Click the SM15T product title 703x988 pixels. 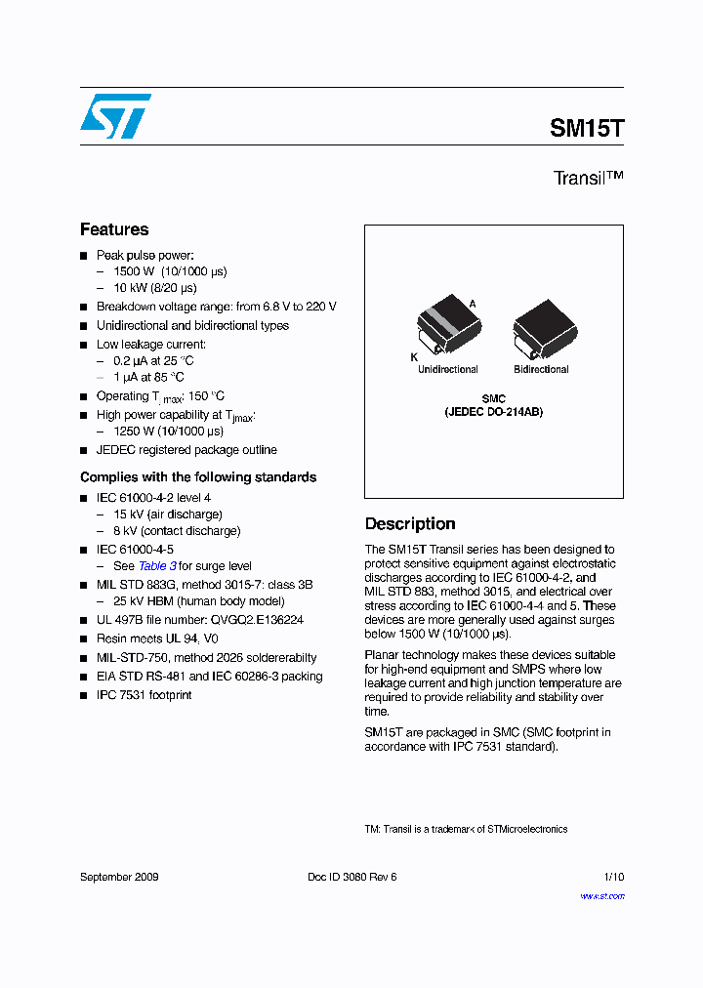586,128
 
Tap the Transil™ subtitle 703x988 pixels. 588,178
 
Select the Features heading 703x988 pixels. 114,229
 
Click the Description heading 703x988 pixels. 410,524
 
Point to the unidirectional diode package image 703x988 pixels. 444,326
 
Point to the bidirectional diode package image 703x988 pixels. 542,326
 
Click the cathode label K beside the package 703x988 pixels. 414,358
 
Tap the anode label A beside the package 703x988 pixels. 473,304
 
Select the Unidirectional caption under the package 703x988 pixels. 448,370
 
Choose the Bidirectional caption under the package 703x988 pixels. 541,370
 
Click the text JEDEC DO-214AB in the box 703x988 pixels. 493,412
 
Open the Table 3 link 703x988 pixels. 157,566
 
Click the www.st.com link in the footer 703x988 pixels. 601,896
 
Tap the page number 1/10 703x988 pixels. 611,877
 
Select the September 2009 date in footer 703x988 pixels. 119,877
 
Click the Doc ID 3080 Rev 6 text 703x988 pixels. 351,877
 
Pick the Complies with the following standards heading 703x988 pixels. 198,477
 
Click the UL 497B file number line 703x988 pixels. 199,620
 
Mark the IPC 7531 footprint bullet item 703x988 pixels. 144,695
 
